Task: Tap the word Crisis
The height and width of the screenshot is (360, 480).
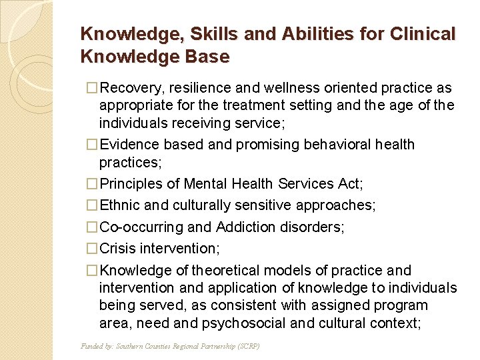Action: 117,248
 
